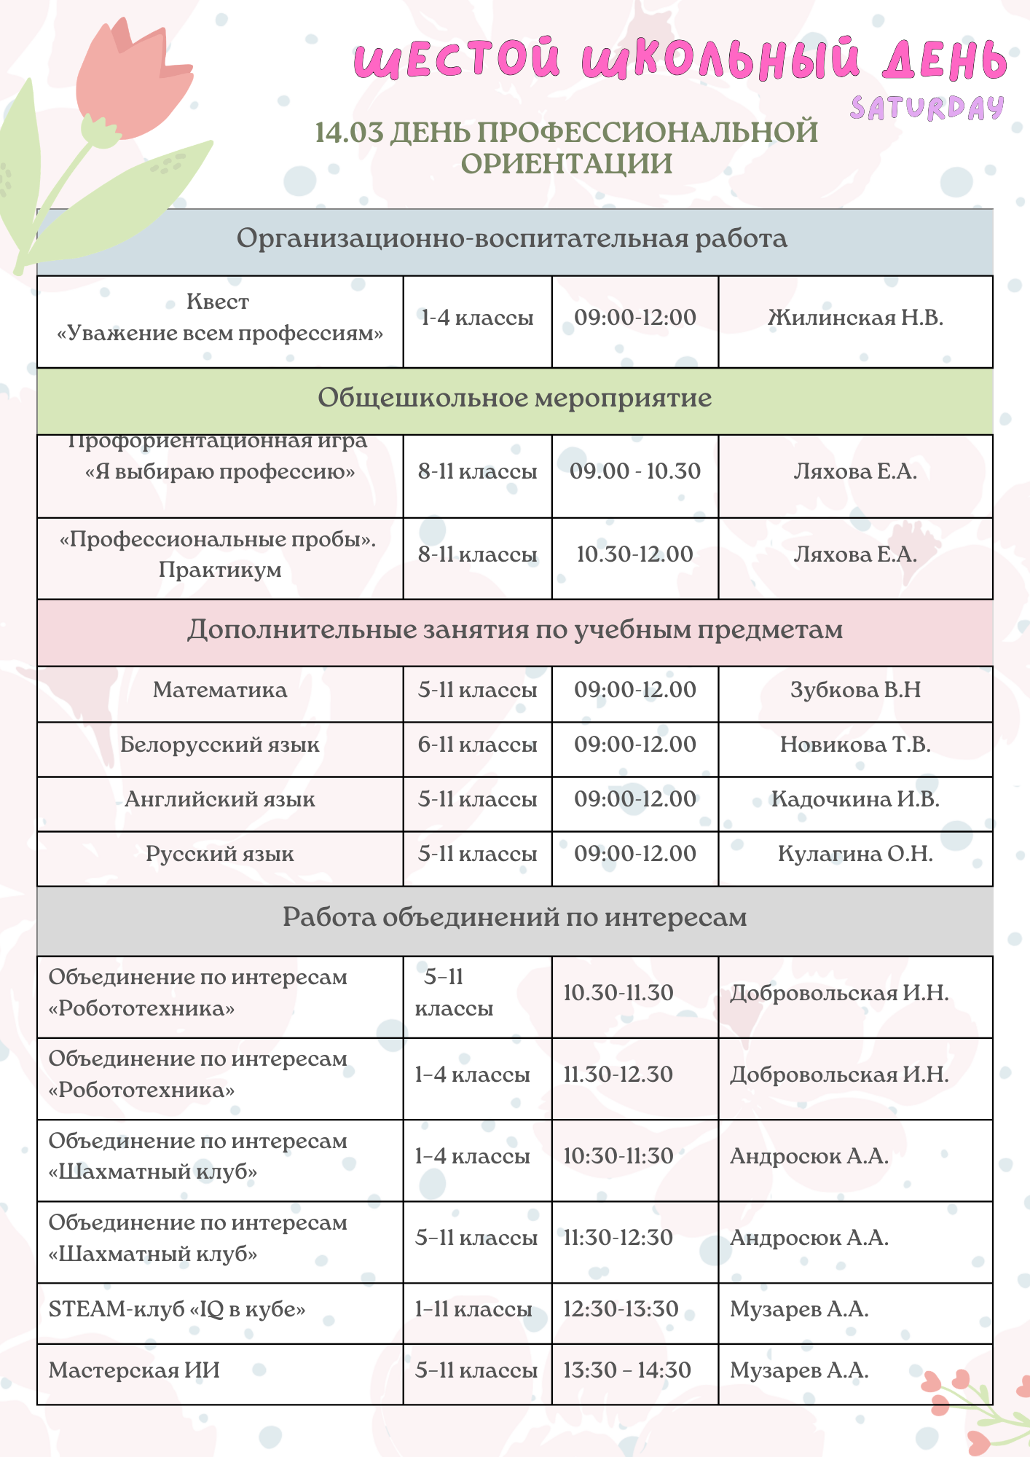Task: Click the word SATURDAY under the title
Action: (x=927, y=109)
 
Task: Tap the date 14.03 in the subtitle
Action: (x=349, y=133)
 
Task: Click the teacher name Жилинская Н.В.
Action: (x=855, y=318)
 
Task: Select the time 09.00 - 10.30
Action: (x=634, y=471)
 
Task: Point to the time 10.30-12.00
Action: (x=634, y=554)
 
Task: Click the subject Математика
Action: (x=220, y=690)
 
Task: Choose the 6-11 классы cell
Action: (x=477, y=745)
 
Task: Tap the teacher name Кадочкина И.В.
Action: (x=855, y=799)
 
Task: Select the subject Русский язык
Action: (x=220, y=854)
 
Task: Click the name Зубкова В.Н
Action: (x=855, y=690)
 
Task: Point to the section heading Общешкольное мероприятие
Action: (x=514, y=398)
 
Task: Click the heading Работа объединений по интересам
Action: (x=514, y=917)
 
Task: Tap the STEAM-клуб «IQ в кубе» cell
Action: (x=177, y=1309)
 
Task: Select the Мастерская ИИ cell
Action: (x=134, y=1370)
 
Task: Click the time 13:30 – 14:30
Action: (x=626, y=1370)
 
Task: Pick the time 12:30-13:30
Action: (x=621, y=1309)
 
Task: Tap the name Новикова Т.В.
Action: (x=855, y=745)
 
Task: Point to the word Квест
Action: (x=218, y=302)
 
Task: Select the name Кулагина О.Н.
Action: (x=855, y=854)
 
